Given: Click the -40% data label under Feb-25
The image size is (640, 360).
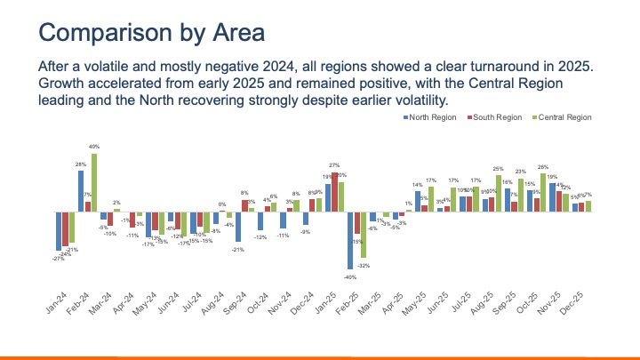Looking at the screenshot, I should [x=349, y=276].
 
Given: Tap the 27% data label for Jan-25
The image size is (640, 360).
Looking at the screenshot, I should [x=334, y=166].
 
